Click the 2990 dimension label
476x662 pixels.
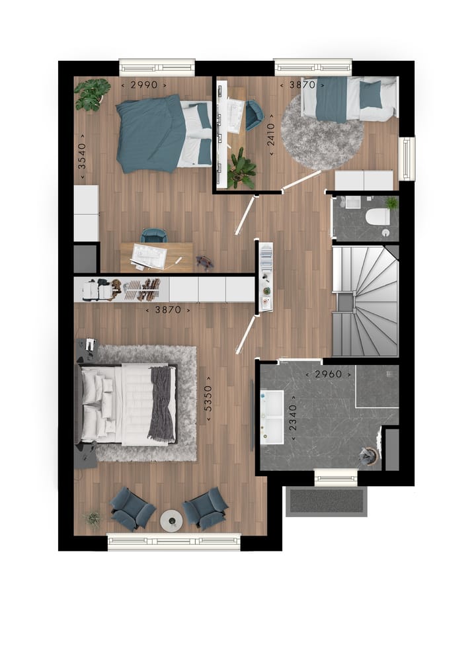click(x=143, y=85)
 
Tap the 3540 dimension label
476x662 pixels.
click(x=82, y=157)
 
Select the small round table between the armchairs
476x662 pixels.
click(x=171, y=520)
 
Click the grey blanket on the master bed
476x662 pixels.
click(x=160, y=403)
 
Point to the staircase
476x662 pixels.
click(x=366, y=300)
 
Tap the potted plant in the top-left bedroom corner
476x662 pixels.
click(x=91, y=93)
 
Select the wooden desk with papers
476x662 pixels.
click(x=157, y=257)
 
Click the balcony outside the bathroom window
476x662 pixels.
click(x=325, y=501)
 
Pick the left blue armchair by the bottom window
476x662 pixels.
click(x=132, y=509)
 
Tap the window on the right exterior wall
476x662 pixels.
click(x=407, y=159)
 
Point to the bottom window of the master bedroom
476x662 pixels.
click(x=174, y=542)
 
